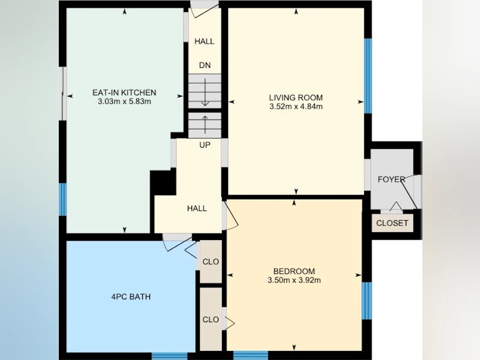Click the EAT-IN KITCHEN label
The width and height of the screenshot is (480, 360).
tap(124, 92)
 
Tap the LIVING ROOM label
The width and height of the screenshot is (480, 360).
tap(296, 98)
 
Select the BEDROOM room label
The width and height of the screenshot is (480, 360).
tap(294, 271)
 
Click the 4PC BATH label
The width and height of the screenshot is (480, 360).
tap(131, 296)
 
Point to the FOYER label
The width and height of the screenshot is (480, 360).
tap(392, 179)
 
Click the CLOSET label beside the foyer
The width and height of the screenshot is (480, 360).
tap(392, 223)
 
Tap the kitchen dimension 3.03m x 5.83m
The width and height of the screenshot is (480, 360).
tap(124, 101)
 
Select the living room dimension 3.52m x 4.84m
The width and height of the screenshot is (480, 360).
tap(296, 107)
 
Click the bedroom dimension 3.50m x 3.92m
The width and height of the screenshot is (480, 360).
tap(294, 280)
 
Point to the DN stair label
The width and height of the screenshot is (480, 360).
tap(205, 65)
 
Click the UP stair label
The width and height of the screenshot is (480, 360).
tap(205, 145)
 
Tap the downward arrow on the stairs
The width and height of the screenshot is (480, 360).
tap(205, 92)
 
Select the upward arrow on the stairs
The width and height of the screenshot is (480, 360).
tap(205, 125)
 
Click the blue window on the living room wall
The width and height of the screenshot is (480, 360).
tap(368, 76)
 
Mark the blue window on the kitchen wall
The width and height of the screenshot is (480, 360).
tap(63, 199)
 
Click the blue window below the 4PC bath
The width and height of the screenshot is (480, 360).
tap(170, 356)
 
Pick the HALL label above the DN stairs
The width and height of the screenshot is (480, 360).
tap(205, 41)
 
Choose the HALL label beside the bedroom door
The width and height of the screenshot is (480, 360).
tap(197, 208)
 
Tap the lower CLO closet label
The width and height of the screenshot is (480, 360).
tap(211, 320)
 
